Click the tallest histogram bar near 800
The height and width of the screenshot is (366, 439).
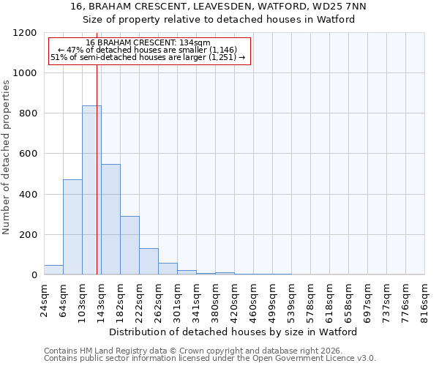[91, 190]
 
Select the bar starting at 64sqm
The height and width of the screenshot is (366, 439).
[72, 227]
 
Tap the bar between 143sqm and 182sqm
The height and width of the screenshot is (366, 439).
[110, 220]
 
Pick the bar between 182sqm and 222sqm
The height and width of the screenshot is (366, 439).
[130, 245]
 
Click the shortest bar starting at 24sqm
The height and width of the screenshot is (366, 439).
[53, 270]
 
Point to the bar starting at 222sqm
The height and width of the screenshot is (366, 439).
[149, 262]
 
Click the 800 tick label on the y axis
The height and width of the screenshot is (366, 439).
[28, 113]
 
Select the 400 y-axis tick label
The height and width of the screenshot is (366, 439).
[28, 195]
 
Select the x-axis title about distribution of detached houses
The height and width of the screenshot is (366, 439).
[234, 332]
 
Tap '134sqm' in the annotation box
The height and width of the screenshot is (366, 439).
[196, 43]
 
